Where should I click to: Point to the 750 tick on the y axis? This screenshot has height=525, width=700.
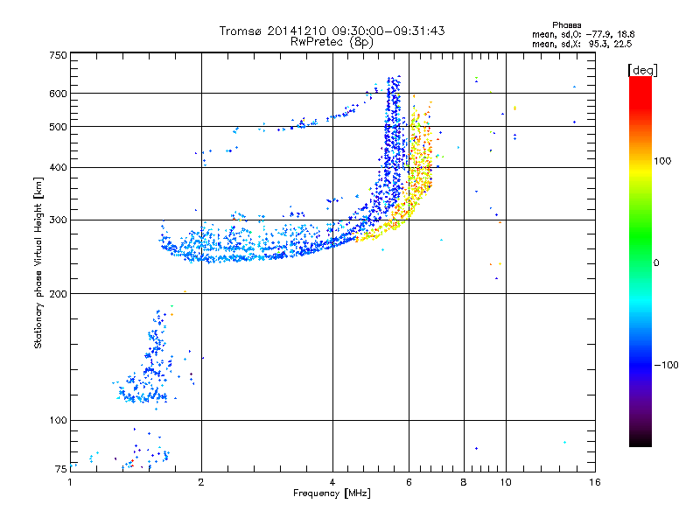pos(59,55)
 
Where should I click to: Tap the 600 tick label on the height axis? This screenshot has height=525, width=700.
pos(59,94)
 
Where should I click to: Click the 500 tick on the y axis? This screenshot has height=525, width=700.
pos(59,127)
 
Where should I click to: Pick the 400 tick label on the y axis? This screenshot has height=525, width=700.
pos(59,167)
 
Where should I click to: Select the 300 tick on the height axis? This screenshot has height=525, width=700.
pos(59,220)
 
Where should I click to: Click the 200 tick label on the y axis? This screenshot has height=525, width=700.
pos(59,294)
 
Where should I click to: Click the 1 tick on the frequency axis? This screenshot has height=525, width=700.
pos(71,481)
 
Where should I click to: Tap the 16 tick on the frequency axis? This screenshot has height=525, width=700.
pos(594,481)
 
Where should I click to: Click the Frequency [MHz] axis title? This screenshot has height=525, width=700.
pos(332,493)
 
